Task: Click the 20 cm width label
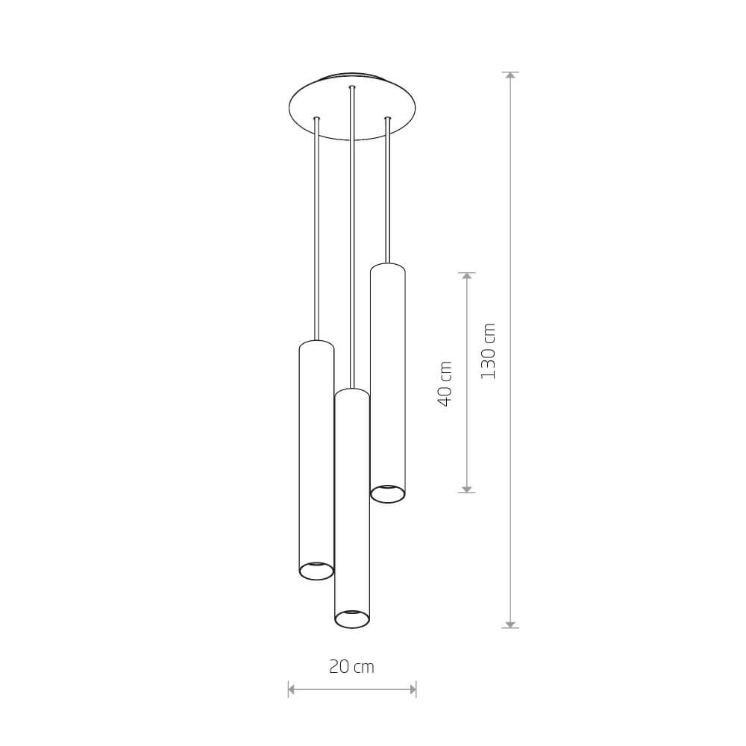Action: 351,667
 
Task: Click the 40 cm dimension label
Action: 445,383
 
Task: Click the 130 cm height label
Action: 489,351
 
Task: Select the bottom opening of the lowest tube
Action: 352,618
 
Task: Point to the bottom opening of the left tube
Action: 316,571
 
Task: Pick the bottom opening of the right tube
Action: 387,492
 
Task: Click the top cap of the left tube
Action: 316,344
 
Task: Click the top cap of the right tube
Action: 387,266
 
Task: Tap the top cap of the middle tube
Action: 352,392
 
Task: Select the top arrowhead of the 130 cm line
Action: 510,76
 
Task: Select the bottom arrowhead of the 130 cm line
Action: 510,624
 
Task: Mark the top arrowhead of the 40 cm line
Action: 467,277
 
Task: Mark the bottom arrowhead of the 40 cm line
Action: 467,489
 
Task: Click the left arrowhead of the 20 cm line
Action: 292,689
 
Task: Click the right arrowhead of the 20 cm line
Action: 412,689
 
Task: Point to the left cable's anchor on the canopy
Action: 316,119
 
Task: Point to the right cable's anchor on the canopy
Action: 387,117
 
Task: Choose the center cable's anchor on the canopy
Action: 352,88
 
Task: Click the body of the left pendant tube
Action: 316,455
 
